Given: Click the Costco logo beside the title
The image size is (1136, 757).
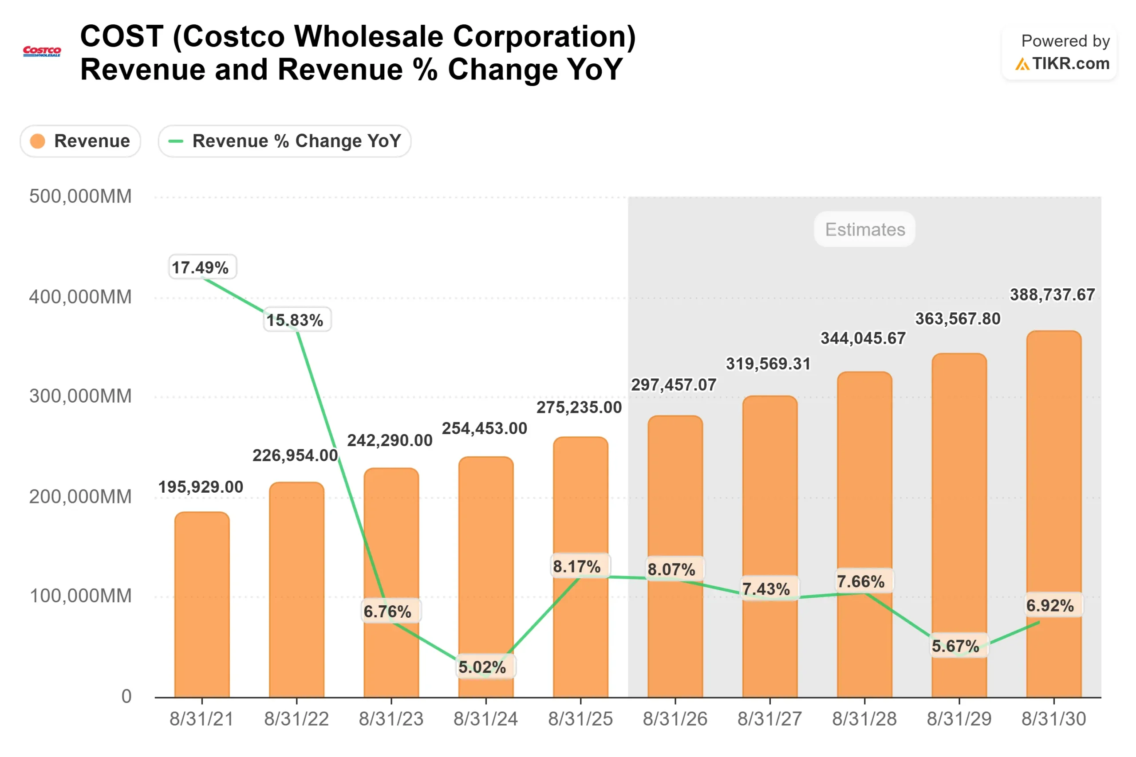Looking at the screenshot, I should coord(42,51).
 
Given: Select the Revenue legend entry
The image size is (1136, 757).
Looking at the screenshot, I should coord(80,141).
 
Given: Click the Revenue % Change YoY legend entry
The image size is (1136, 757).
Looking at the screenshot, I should coord(284,141).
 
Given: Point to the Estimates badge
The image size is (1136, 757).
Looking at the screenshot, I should coord(864,229).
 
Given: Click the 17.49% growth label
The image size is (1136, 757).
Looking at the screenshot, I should coord(202,267).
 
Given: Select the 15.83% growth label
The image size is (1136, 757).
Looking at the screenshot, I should coord(297,320).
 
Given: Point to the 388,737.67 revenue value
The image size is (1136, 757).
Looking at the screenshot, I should coord(1052,294).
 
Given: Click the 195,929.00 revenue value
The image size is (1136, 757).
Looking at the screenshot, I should coord(201,486).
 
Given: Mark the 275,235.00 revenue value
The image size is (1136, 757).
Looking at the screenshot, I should coord(579,407).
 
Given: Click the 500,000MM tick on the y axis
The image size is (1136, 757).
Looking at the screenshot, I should coord(80,196).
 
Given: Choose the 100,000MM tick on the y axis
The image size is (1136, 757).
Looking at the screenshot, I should coord(80,596).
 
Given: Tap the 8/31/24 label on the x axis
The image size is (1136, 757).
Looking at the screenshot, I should coord(485,719).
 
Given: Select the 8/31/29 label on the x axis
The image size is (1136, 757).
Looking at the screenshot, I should coord(959,719).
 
